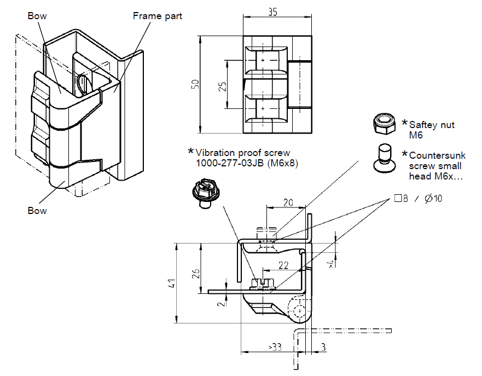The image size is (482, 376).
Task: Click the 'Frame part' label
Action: pyautogui.click(x=158, y=16)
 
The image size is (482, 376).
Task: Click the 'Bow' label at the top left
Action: pyautogui.click(x=37, y=16)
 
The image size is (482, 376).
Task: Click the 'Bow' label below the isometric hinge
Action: pyautogui.click(x=37, y=211)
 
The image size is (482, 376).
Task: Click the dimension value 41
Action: pyautogui.click(x=172, y=284)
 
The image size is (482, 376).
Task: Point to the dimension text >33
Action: pyautogui.click(x=276, y=348)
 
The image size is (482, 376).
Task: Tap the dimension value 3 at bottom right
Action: pyautogui.click(x=323, y=348)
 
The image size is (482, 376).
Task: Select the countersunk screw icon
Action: pyautogui.click(x=385, y=155)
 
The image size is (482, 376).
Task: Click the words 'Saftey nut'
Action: pyautogui.click(x=432, y=125)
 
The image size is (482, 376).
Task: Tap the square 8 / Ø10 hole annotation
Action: pyautogui.click(x=419, y=198)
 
